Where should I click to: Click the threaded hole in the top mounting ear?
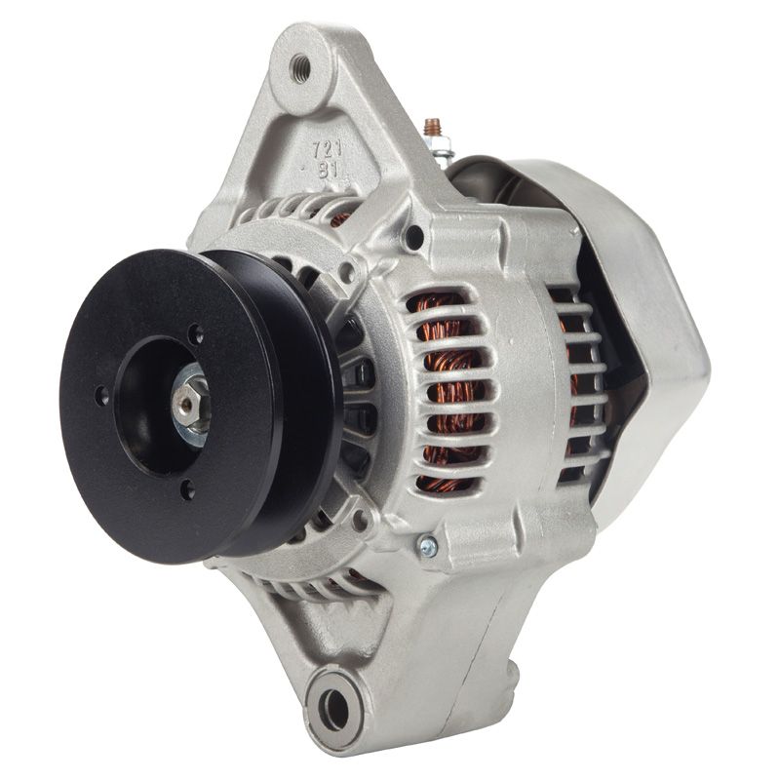(299, 65)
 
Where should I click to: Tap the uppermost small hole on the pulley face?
(198, 334)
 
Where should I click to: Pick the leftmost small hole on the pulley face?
(101, 396)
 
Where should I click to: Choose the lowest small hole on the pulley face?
(187, 489)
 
